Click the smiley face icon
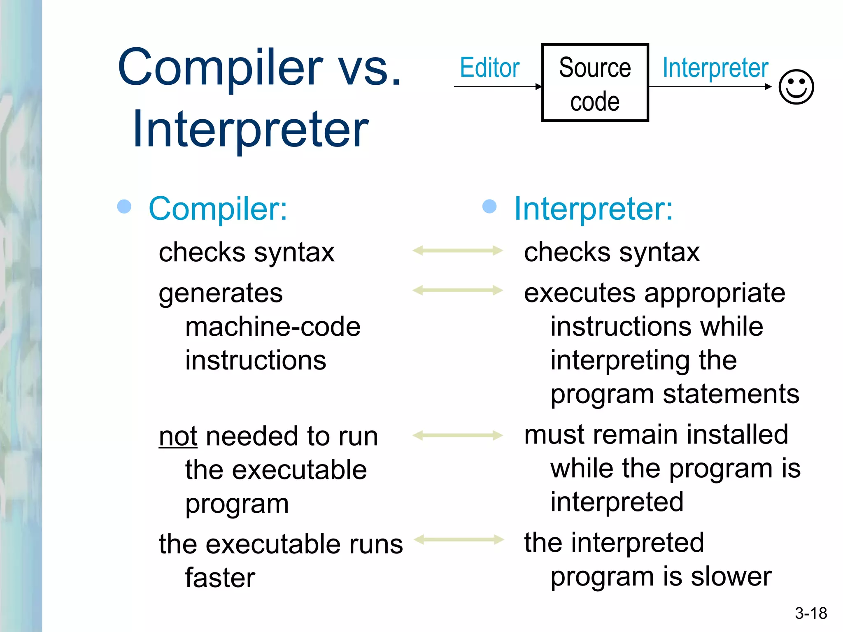796,87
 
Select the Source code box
595,83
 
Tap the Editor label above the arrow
489,68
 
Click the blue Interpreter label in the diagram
715,68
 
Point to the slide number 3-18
810,613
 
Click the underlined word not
178,436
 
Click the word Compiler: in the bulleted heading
218,209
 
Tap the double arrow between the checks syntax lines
458,250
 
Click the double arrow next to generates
458,290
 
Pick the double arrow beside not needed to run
458,435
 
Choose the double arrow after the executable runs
459,539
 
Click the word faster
220,578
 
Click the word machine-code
273,327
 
